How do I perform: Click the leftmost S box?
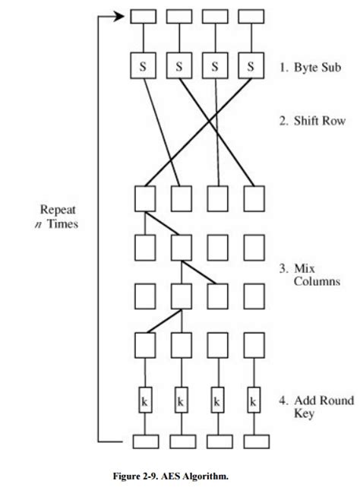(143, 66)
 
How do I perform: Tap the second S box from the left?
(179, 66)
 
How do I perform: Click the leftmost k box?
(143, 400)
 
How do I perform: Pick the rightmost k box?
(253, 400)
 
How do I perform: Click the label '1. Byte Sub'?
(310, 66)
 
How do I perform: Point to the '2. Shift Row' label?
(311, 119)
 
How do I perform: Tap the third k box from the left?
(216, 400)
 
